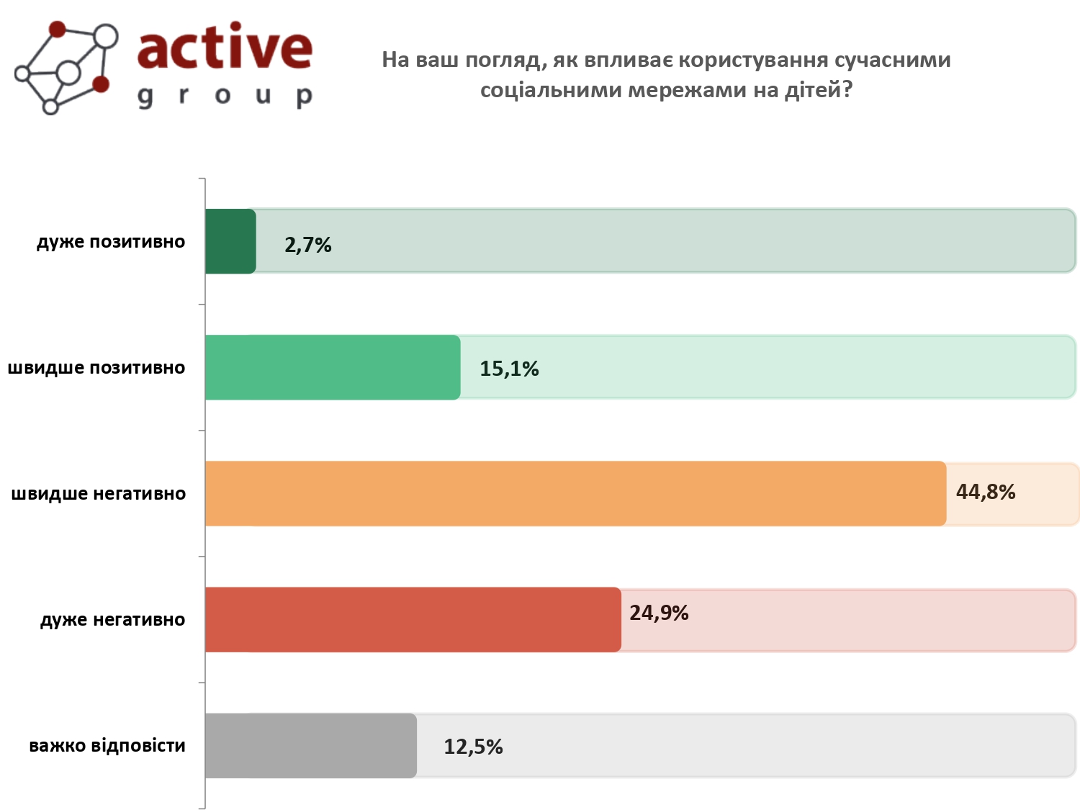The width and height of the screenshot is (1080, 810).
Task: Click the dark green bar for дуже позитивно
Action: pyautogui.click(x=230, y=241)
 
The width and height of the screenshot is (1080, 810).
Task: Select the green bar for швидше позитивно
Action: pyautogui.click(x=333, y=367)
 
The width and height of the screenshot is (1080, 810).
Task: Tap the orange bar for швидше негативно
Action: pyautogui.click(x=575, y=493)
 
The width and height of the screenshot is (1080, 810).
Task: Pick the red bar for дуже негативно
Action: pyautogui.click(x=413, y=619)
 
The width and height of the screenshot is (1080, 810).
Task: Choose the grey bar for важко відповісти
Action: pyautogui.click(x=311, y=745)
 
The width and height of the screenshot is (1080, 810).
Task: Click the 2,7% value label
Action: pyautogui.click(x=308, y=246)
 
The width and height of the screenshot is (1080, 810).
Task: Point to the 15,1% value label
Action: pyautogui.click(x=509, y=369)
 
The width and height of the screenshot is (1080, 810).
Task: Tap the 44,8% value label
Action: pyautogui.click(x=986, y=492)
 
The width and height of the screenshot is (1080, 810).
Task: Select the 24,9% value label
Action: pyautogui.click(x=659, y=613)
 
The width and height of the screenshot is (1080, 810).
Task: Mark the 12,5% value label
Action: pyautogui.click(x=473, y=747)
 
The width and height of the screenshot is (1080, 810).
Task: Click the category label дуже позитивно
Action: pyautogui.click(x=111, y=242)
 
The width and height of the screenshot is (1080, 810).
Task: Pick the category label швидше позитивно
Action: pyautogui.click(x=96, y=368)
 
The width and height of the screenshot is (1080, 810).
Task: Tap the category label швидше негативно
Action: pyautogui.click(x=99, y=494)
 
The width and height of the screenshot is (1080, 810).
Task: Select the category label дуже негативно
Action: pyautogui.click(x=113, y=620)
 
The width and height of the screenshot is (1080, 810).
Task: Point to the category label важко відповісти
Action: pyautogui.click(x=107, y=746)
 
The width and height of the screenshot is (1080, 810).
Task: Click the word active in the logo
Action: pyautogui.click(x=225, y=48)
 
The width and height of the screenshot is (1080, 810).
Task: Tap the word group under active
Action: pyautogui.click(x=225, y=96)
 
